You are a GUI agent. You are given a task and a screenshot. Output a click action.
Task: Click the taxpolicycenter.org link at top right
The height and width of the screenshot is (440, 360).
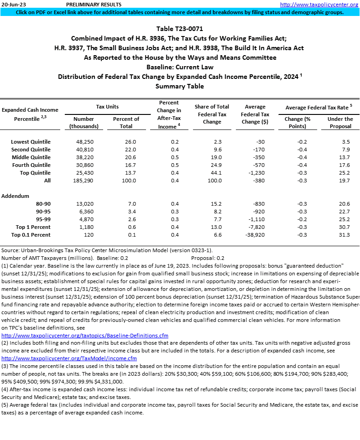click(319, 5)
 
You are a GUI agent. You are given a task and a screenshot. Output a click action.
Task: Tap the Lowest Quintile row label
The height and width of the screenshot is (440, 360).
click(31, 142)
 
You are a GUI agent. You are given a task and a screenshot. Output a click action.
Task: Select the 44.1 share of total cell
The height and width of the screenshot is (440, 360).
click(212, 173)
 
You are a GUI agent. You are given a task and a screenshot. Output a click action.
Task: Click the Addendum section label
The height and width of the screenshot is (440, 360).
click(15, 196)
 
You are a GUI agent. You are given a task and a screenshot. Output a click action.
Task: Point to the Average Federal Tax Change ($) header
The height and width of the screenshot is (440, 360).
click(255, 114)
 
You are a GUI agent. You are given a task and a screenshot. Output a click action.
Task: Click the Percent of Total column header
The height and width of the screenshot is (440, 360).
click(126, 122)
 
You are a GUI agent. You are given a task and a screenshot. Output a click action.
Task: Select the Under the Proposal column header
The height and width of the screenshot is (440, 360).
click(340, 122)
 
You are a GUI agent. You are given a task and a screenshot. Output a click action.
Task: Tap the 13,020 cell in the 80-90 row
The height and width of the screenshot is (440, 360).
click(85, 204)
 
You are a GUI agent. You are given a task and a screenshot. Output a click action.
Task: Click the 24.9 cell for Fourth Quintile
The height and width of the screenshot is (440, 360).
click(212, 165)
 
